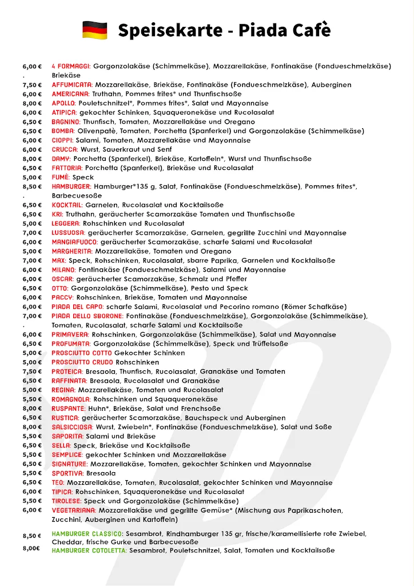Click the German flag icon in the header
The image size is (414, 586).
(x=95, y=30)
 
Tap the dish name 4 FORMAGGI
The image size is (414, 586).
(x=71, y=66)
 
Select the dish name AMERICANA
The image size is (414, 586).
(x=70, y=94)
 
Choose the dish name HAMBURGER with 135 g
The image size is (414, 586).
(x=71, y=187)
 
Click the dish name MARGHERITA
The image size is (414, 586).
(x=73, y=251)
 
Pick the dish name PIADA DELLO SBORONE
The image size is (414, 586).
(x=87, y=316)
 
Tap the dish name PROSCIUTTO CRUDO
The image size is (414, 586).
(x=82, y=362)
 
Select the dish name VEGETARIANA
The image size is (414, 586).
(x=74, y=510)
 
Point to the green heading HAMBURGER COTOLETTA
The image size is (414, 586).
(x=89, y=551)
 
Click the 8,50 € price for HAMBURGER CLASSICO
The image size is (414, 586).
(x=31, y=536)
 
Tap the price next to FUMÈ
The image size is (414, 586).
(x=31, y=177)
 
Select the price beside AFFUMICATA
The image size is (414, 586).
(x=31, y=85)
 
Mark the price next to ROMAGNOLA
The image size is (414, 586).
(x=31, y=399)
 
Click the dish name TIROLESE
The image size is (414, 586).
(x=66, y=501)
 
